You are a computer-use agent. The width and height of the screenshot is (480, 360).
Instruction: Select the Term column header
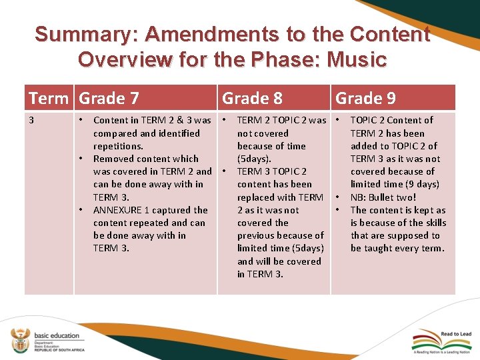point(49,99)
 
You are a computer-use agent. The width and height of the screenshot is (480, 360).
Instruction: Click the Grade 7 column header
point(109,99)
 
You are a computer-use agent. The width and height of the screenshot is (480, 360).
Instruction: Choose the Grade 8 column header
point(252,99)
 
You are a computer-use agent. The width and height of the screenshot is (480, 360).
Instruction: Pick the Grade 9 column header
point(365,99)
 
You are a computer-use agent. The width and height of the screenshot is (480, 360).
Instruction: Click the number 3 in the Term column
point(31,120)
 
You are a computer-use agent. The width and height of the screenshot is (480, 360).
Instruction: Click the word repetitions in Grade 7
point(118,146)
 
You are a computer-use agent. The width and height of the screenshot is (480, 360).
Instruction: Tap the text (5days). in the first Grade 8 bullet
point(254,159)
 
